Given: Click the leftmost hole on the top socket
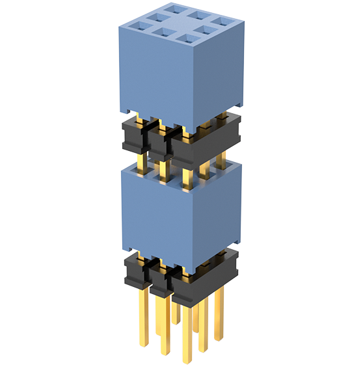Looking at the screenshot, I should tap(138, 27).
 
